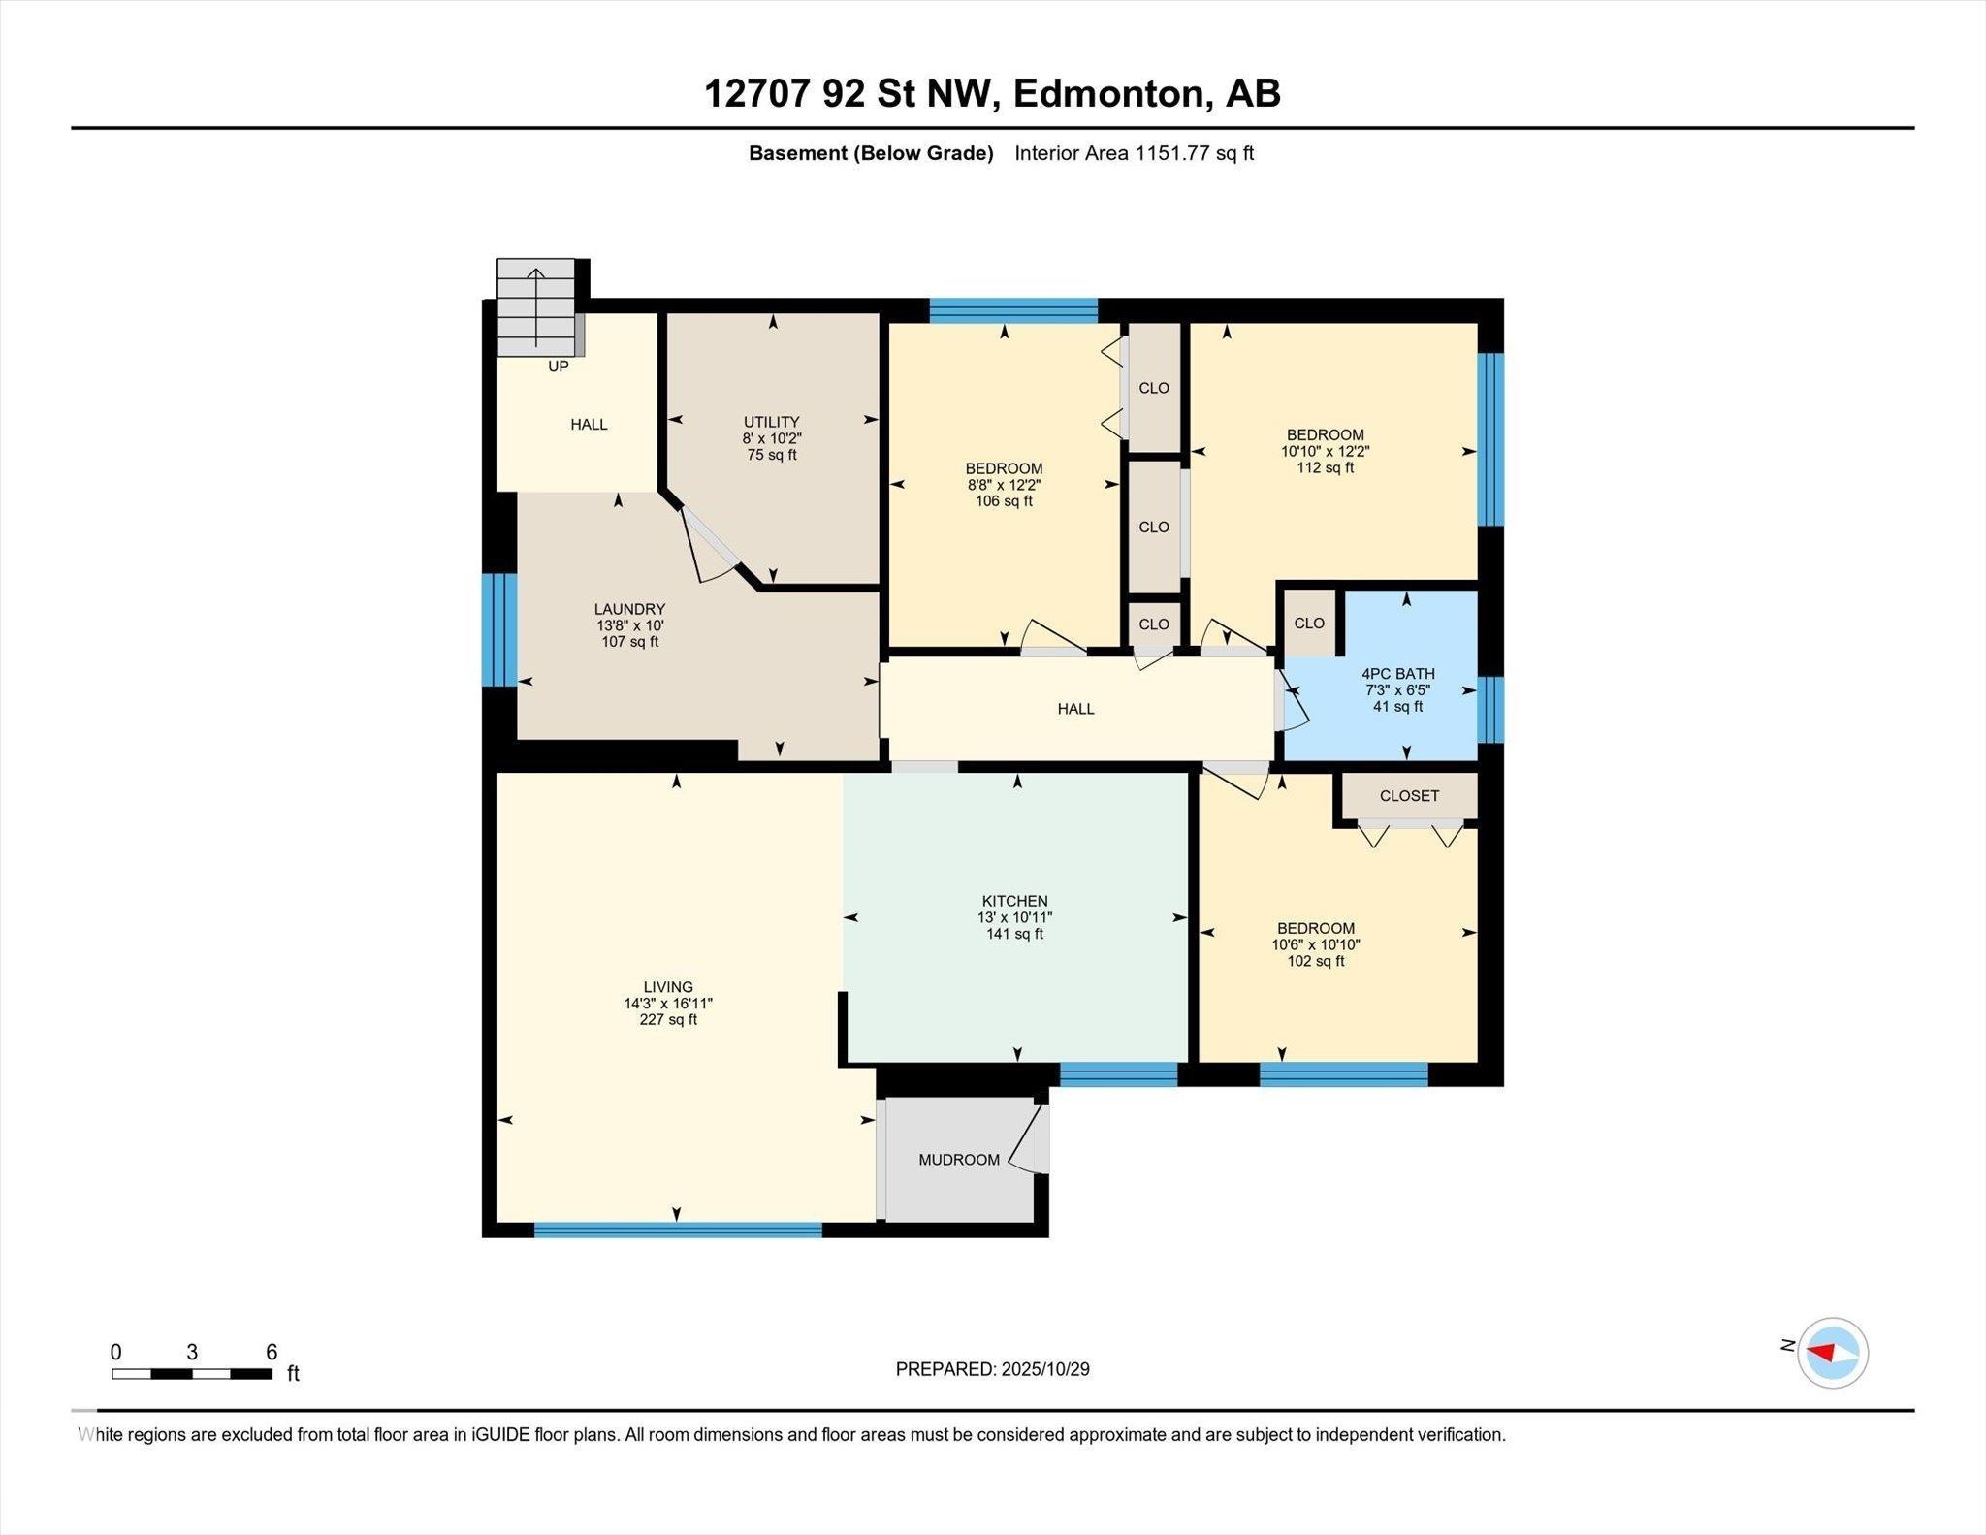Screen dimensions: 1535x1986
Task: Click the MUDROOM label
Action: [959, 1160]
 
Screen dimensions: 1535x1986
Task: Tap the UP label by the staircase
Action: [559, 367]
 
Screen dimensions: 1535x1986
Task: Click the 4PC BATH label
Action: [1397, 673]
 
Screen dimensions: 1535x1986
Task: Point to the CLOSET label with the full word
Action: [1409, 796]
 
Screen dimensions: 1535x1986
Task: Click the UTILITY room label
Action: [771, 422]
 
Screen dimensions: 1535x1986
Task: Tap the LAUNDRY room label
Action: [629, 609]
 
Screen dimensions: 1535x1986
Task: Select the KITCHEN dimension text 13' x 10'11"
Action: [1014, 917]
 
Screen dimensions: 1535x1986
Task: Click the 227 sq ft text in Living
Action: [668, 1020]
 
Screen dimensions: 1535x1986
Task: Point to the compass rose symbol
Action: [1832, 1353]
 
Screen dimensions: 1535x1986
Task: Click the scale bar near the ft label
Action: [191, 1373]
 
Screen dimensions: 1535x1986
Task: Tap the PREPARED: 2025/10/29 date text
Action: [992, 1369]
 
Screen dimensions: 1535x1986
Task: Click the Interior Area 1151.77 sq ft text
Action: [1134, 153]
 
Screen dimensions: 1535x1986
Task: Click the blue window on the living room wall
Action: [677, 1231]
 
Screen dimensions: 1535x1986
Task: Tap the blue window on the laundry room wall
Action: [499, 629]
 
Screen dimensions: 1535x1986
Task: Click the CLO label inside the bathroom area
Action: [1309, 624]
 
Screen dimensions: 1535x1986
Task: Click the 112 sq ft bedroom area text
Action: [1325, 467]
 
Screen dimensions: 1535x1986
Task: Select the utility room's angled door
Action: [709, 543]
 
